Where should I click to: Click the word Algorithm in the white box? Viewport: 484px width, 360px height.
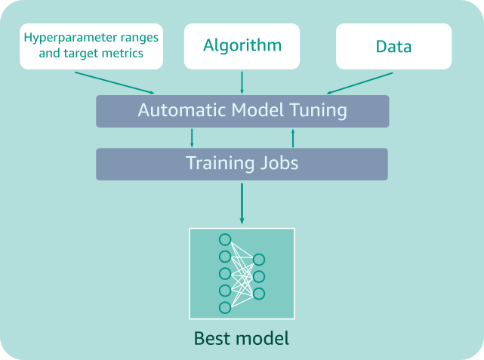242,45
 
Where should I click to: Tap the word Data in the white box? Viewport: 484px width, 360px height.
393,46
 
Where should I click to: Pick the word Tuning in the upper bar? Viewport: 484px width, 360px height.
318,110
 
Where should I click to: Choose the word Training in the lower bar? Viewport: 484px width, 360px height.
219,163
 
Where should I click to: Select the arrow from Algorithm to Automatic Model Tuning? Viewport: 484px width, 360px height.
242,82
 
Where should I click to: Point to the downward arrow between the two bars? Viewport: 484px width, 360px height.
192,137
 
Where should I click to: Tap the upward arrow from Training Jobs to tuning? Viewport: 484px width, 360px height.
292,137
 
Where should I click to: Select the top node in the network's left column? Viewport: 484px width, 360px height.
224,239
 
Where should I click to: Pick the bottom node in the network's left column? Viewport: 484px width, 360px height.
224,307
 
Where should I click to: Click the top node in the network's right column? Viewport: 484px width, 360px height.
259,260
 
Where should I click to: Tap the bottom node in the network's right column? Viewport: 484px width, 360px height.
259,294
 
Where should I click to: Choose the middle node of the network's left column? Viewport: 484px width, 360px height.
224,273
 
